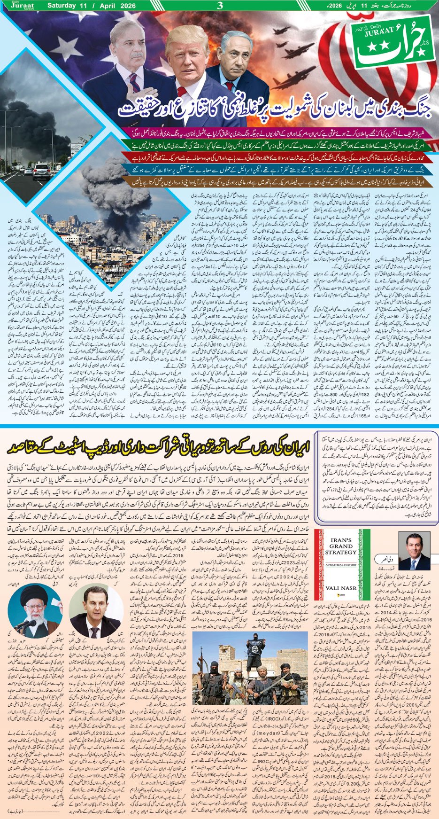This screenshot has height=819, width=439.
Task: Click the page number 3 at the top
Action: pos(219,6)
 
